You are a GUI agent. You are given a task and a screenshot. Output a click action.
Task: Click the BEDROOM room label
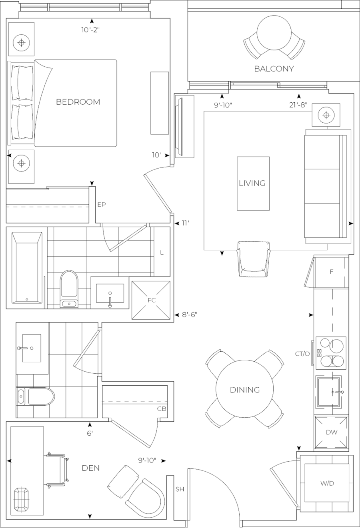coord(78,102)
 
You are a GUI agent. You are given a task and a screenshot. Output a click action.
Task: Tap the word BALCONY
coord(274,69)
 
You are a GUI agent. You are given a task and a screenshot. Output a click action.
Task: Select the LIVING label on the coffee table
coord(252,183)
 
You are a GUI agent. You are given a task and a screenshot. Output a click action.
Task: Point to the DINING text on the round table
coord(245,390)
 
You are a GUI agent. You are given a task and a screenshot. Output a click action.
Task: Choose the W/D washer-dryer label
coord(327,483)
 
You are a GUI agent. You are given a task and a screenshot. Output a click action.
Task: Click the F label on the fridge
coord(331,272)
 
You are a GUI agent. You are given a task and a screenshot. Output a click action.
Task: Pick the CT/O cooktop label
coord(302,353)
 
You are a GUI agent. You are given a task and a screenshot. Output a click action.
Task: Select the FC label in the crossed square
coord(151,300)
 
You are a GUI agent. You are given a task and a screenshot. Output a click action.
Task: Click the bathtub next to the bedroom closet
coord(26,268)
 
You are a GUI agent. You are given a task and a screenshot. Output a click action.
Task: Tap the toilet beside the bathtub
coord(69,288)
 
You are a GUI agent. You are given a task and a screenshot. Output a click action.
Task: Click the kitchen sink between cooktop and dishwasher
coord(329,392)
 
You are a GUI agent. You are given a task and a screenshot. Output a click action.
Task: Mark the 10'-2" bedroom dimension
coord(90,29)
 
